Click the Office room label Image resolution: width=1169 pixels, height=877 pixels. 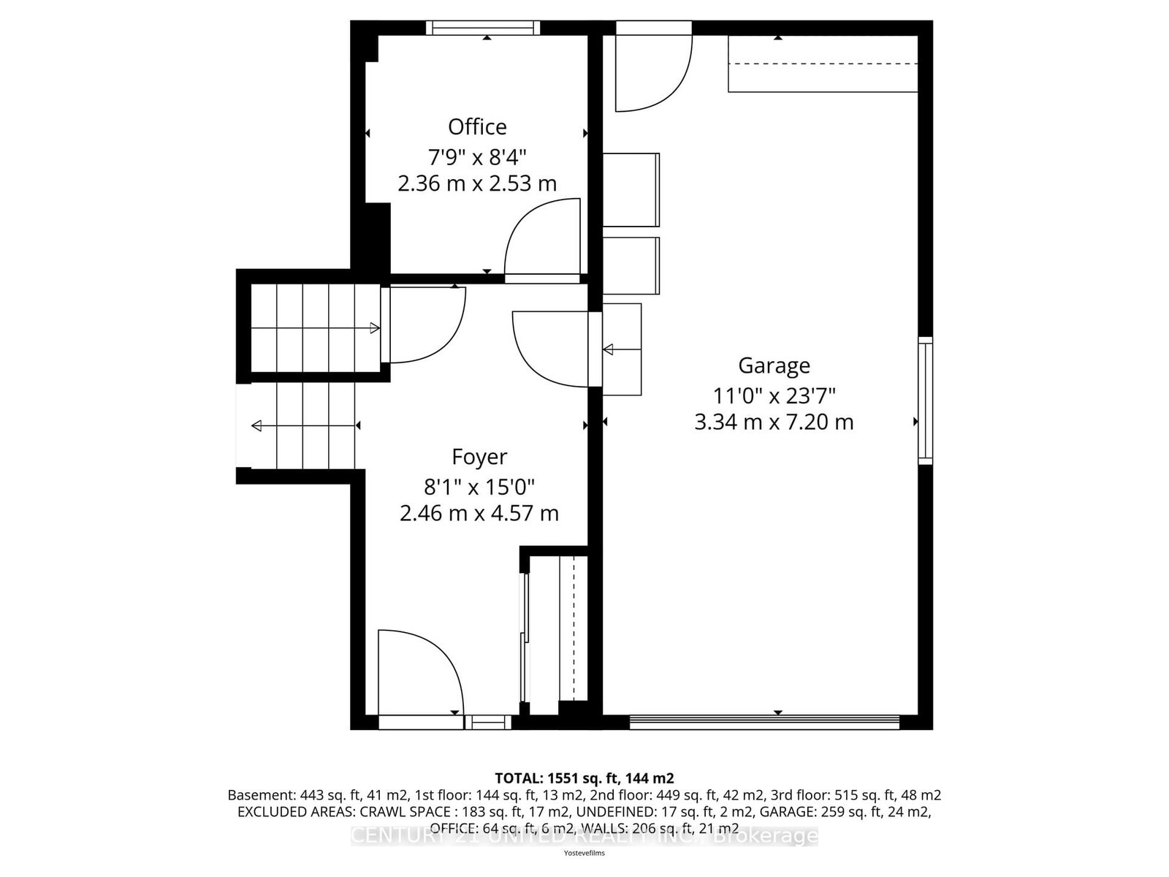(477, 127)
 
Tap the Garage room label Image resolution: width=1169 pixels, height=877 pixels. (774, 365)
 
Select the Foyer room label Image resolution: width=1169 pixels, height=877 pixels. (479, 457)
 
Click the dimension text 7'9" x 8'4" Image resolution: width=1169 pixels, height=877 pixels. (477, 156)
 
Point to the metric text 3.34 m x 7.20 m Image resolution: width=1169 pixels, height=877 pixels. (774, 422)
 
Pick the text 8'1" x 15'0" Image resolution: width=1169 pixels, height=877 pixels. (479, 485)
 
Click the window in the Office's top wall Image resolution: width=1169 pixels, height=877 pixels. (483, 28)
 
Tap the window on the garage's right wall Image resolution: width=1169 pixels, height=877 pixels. (926, 400)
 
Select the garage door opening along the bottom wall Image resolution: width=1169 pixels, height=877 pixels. (764, 722)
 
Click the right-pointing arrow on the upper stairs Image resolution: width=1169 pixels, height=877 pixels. (375, 328)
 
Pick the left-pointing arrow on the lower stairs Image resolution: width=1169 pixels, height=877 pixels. (256, 425)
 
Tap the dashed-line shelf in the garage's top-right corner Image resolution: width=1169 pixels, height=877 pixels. (822, 64)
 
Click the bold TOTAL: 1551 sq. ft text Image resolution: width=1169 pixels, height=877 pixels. (584, 778)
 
